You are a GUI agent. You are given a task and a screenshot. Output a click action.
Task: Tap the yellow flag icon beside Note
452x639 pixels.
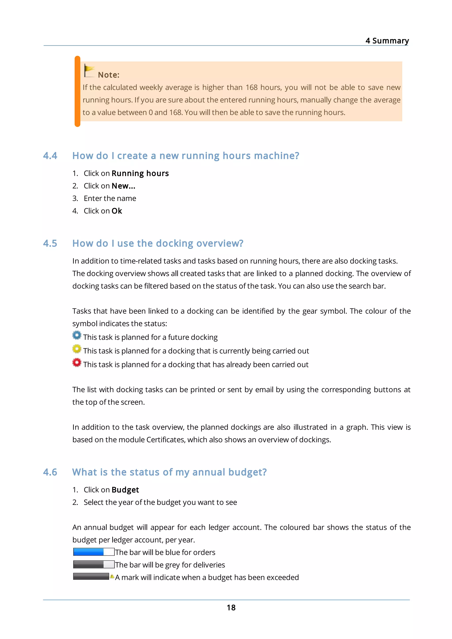tap(89, 71)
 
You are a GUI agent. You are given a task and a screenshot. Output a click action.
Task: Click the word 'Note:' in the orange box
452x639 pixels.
tap(109, 75)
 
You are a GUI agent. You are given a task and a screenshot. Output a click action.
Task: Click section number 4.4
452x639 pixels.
tap(50, 156)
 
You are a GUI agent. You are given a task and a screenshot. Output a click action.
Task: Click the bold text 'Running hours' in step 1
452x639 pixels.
tap(140, 173)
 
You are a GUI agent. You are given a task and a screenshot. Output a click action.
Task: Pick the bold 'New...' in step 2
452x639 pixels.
tap(123, 186)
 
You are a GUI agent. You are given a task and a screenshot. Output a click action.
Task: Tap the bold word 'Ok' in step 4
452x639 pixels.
tap(117, 211)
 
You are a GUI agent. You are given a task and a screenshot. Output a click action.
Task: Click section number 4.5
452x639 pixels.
tap(50, 243)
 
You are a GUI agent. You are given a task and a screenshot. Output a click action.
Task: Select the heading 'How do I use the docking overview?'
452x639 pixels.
tap(158, 243)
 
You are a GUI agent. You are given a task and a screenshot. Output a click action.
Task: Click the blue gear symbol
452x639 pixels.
tap(77, 335)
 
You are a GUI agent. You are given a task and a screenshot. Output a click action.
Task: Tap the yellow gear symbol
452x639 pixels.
tap(77, 349)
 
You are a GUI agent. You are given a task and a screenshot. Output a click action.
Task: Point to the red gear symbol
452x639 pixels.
tap(77, 362)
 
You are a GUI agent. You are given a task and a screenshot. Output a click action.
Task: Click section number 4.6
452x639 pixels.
tap(50, 472)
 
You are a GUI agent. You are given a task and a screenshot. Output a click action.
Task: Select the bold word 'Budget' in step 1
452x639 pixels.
tap(125, 490)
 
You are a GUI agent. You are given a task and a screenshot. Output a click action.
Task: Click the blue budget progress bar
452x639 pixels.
tap(94, 552)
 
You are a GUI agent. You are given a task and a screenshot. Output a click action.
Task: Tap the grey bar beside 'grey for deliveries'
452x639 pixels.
tap(94, 564)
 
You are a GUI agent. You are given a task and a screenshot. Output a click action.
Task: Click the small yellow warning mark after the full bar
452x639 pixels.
tap(112, 576)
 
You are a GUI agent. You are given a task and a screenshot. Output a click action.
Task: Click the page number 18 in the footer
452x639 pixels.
tap(231, 607)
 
